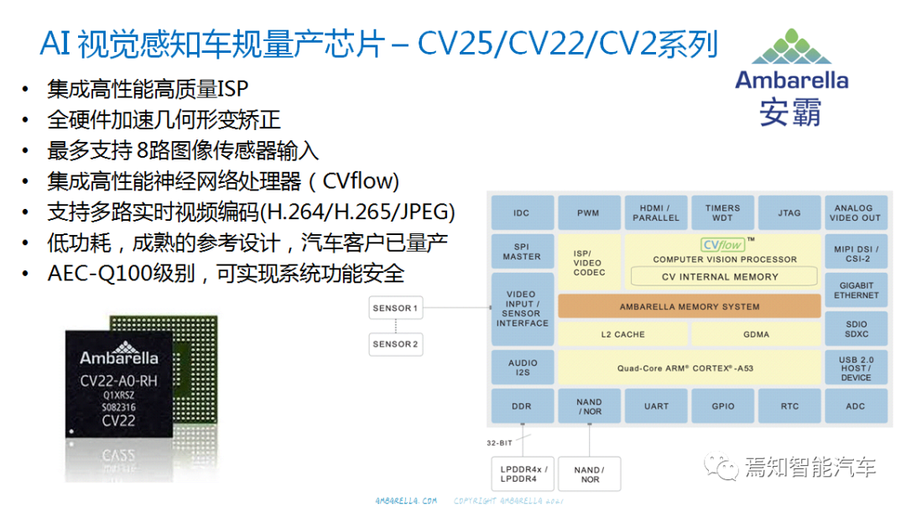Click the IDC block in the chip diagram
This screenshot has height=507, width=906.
pyautogui.click(x=521, y=213)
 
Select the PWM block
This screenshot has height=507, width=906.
pyautogui.click(x=588, y=213)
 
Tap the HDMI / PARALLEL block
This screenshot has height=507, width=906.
pyautogui.click(x=655, y=213)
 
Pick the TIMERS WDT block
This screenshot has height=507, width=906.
pyautogui.click(x=722, y=213)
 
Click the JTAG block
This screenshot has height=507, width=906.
pyautogui.click(x=789, y=213)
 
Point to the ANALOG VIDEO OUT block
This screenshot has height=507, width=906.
pyautogui.click(x=854, y=213)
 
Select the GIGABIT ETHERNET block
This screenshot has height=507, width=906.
pyautogui.click(x=856, y=290)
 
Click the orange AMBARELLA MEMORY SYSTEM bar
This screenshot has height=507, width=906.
pyautogui.click(x=689, y=306)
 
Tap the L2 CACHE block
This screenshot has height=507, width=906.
pyautogui.click(x=622, y=334)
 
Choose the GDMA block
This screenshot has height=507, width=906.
pyautogui.click(x=754, y=334)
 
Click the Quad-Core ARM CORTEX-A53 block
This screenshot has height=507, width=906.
pyautogui.click(x=689, y=367)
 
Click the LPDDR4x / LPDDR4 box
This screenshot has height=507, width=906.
pyautogui.click(x=522, y=474)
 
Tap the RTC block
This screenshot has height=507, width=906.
pyautogui.click(x=789, y=406)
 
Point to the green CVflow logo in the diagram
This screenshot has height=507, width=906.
pyautogui.click(x=722, y=245)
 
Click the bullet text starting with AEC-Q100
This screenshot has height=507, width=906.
pyautogui.click(x=226, y=274)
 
